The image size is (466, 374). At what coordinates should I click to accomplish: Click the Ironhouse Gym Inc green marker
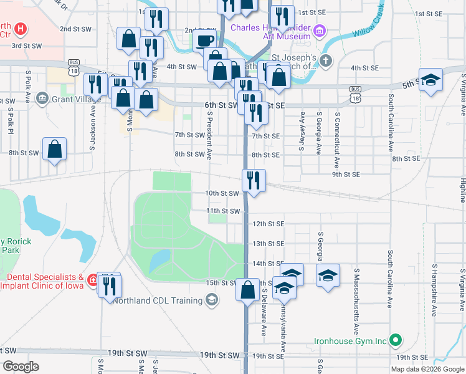(395, 340)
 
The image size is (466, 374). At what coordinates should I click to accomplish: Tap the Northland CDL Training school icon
(212, 300)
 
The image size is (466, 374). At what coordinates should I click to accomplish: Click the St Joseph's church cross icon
(327, 61)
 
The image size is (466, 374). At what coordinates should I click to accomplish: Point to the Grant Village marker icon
(42, 98)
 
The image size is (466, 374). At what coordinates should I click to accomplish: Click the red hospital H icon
(21, 29)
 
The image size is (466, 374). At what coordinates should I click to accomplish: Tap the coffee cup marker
(203, 41)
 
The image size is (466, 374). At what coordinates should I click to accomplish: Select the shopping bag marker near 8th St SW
(55, 149)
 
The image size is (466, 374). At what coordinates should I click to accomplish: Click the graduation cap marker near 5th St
(430, 80)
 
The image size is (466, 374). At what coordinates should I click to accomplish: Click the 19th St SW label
(219, 355)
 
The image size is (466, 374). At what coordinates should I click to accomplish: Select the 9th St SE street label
(346, 175)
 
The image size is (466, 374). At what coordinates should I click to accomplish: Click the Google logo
(21, 367)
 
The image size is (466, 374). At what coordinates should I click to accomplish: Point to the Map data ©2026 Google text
(427, 369)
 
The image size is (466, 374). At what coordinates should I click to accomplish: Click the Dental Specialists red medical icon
(93, 281)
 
